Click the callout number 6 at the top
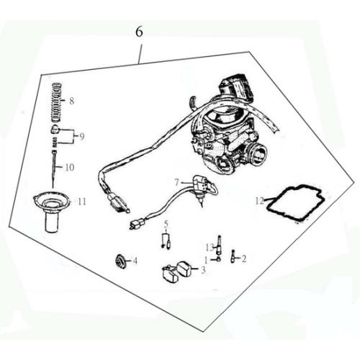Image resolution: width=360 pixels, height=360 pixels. (x=139, y=32)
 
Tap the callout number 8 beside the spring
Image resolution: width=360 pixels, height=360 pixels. (x=71, y=102)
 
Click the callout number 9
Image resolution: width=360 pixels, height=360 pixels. (x=82, y=135)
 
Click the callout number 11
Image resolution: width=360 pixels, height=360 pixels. (x=81, y=202)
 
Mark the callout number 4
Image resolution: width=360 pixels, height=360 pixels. (x=135, y=260)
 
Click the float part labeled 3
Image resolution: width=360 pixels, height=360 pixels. (x=177, y=271)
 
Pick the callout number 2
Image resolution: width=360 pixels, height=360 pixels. (x=243, y=258)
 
